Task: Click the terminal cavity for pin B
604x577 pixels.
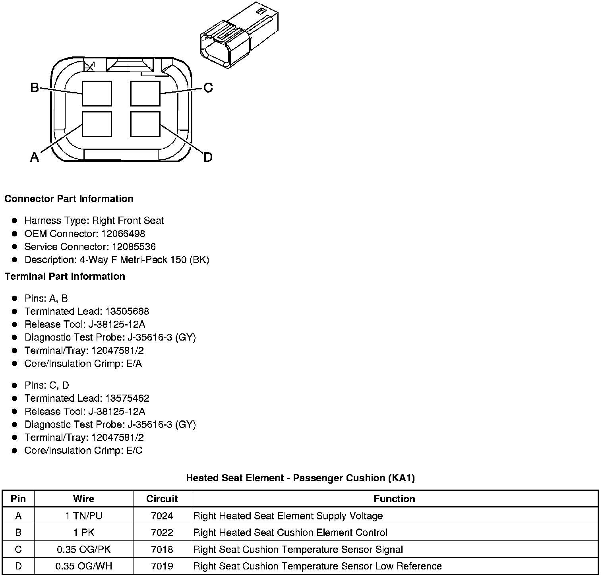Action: point(97,93)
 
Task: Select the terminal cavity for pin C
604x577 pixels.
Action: point(145,93)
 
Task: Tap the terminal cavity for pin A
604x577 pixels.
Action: point(97,124)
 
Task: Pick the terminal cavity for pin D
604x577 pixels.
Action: point(145,124)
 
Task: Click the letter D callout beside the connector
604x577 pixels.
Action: point(208,157)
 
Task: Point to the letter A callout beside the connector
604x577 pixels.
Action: point(35,157)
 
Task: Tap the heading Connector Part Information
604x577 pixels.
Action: point(69,199)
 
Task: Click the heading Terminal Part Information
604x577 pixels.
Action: point(65,276)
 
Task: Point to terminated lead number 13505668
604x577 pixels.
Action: point(127,311)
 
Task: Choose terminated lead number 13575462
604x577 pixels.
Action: point(127,398)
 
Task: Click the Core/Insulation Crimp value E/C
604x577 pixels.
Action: point(134,451)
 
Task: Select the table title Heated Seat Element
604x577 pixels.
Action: point(300,478)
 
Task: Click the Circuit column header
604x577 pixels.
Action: point(162,499)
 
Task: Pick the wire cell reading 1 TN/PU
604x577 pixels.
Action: point(84,516)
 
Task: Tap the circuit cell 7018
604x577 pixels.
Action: point(162,550)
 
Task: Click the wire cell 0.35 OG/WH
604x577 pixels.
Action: point(84,566)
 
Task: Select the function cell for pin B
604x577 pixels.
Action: point(290,533)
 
